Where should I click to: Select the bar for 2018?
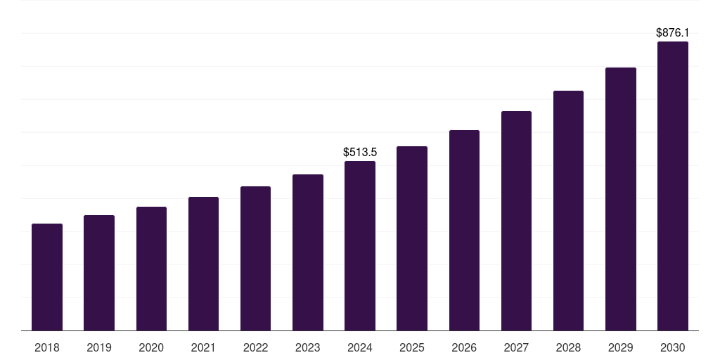point(47,277)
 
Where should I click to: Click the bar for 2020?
point(151,269)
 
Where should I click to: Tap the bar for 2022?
point(255,259)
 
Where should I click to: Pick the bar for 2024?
point(360,246)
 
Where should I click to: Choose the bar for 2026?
point(464,231)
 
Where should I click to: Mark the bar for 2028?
point(568,211)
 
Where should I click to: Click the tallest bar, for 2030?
point(673,186)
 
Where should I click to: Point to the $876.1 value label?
point(673,32)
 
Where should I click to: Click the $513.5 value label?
point(360,152)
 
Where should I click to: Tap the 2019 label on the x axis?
point(99,347)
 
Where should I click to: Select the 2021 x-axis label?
point(203,347)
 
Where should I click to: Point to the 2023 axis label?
point(307,347)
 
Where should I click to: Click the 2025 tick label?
point(412,347)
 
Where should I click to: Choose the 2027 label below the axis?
point(516,347)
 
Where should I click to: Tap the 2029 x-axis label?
point(620,347)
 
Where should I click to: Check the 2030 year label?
point(673,347)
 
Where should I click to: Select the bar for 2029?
point(620,199)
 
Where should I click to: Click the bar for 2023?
point(307,252)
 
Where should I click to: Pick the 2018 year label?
point(47,347)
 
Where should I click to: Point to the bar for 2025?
point(412,238)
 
